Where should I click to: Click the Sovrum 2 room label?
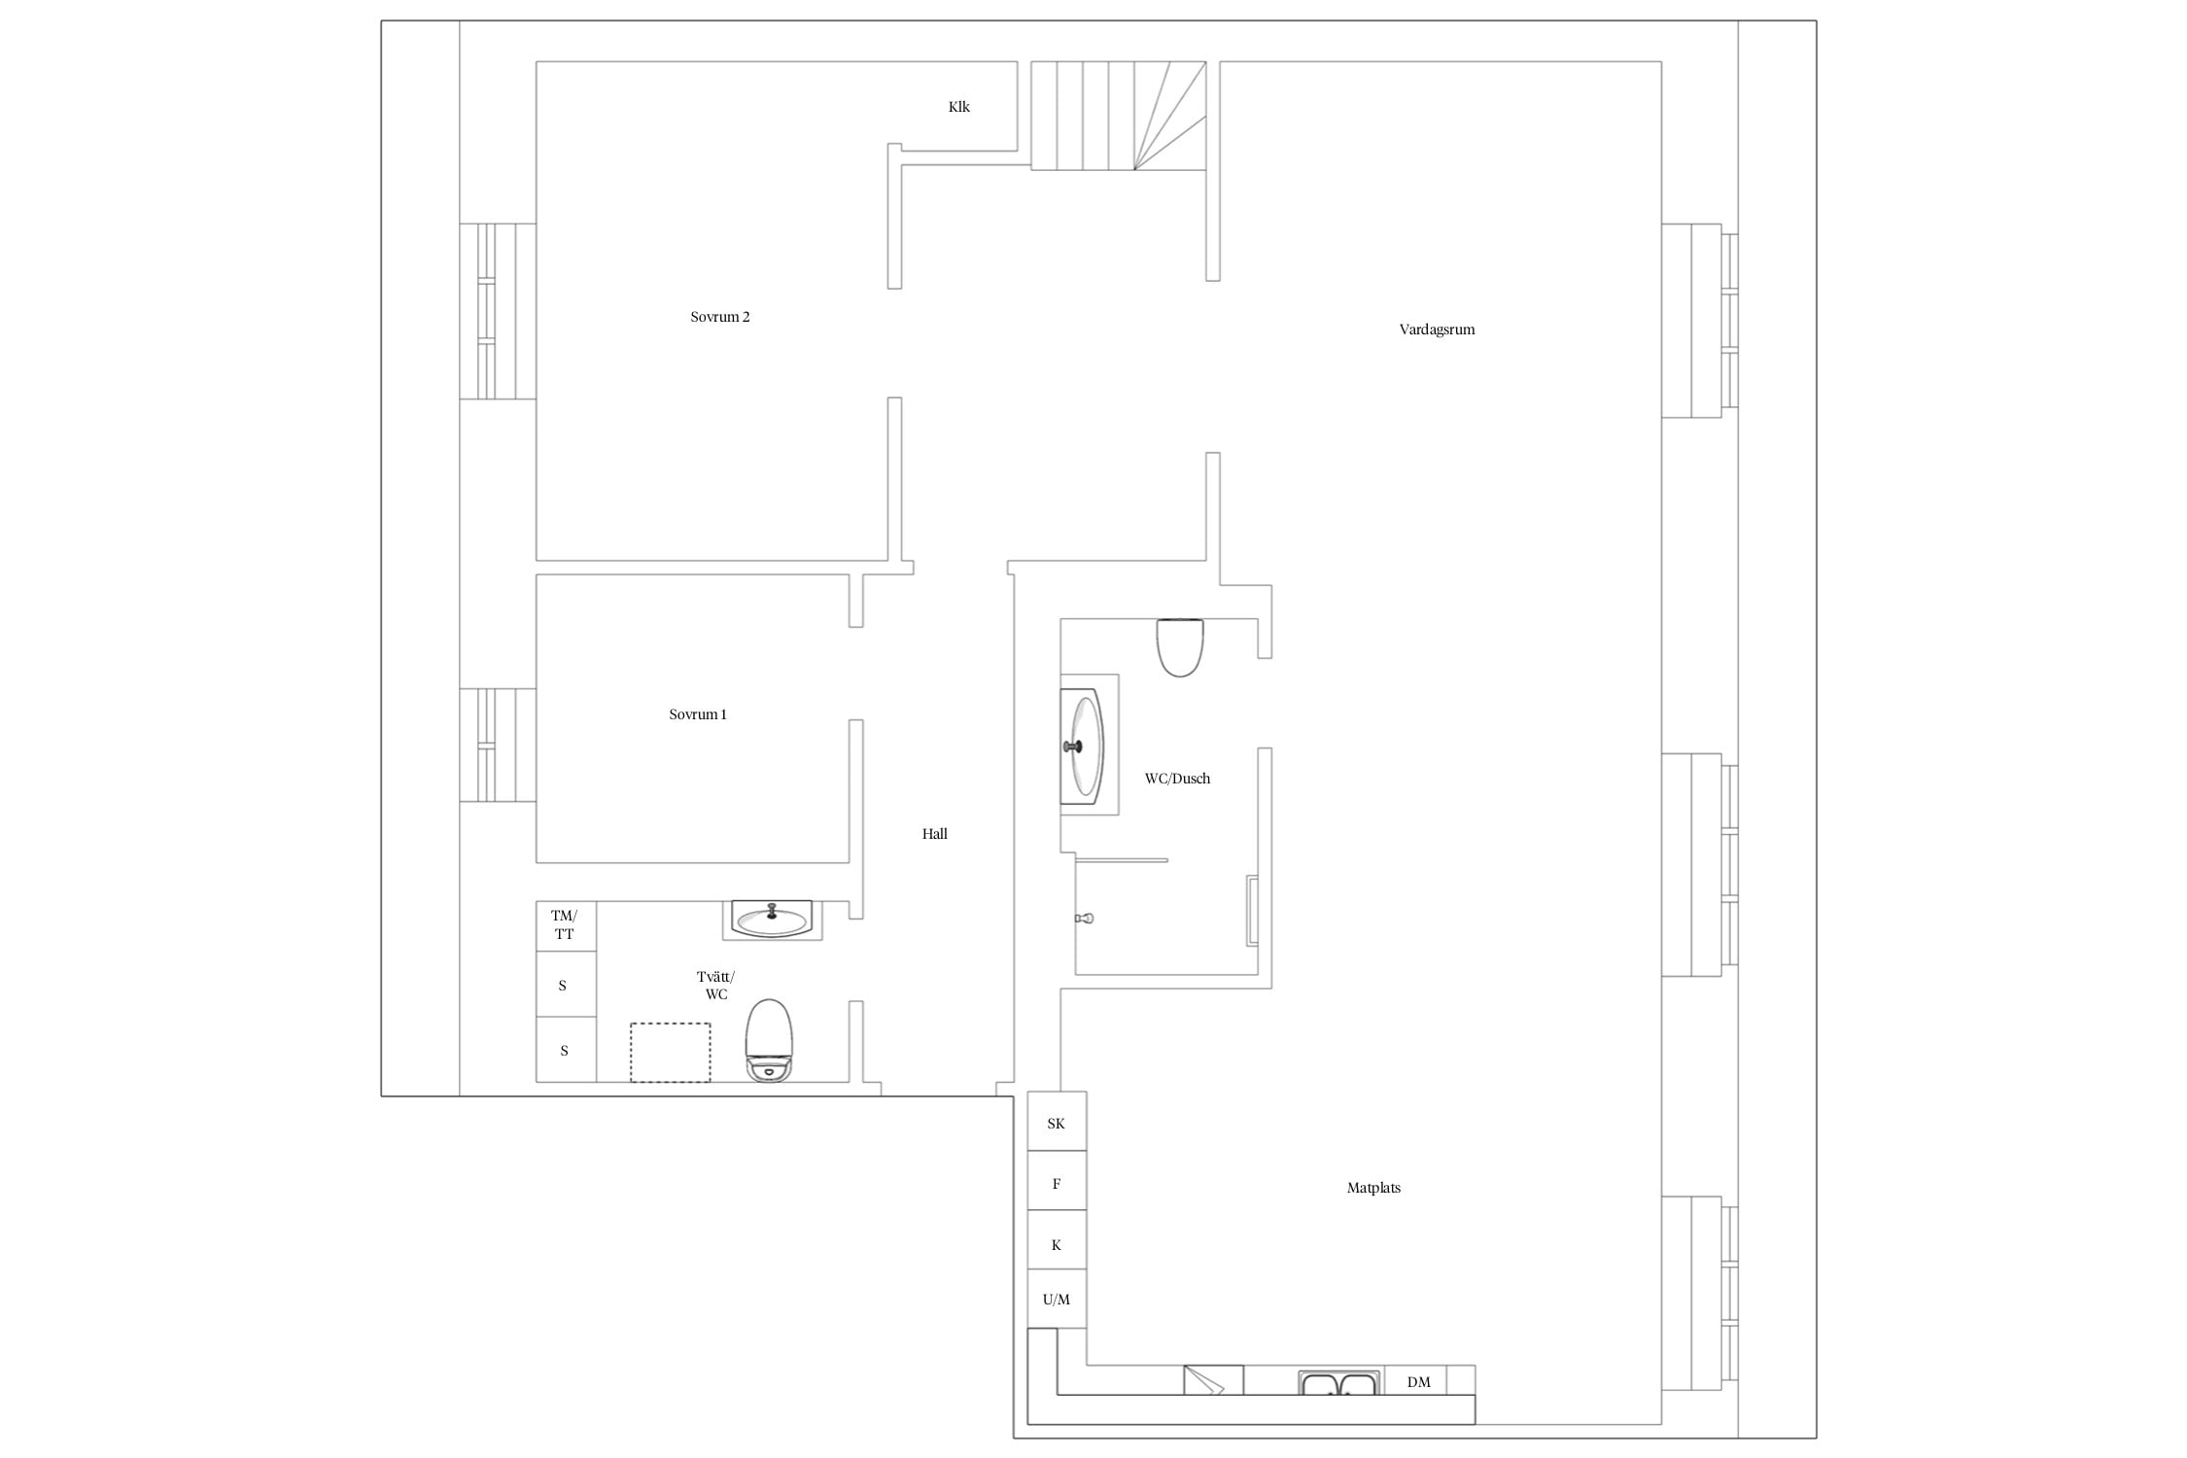click(x=720, y=317)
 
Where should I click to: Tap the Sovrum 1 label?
click(x=698, y=714)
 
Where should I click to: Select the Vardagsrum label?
click(x=1437, y=330)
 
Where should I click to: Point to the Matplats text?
click(x=1373, y=1188)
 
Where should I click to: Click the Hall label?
click(x=935, y=834)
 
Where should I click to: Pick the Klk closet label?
click(x=959, y=107)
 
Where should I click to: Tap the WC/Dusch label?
click(x=1177, y=779)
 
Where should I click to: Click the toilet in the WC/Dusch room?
click(x=1180, y=647)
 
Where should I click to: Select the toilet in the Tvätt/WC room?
click(x=769, y=1041)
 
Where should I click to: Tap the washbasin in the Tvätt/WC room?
click(x=772, y=920)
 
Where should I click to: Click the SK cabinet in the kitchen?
click(x=1057, y=1122)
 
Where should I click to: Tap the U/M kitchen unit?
click(x=1057, y=1299)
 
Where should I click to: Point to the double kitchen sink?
click(x=1339, y=1382)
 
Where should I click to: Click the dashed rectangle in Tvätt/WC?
click(x=670, y=1052)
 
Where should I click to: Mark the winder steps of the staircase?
click(x=1170, y=116)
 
